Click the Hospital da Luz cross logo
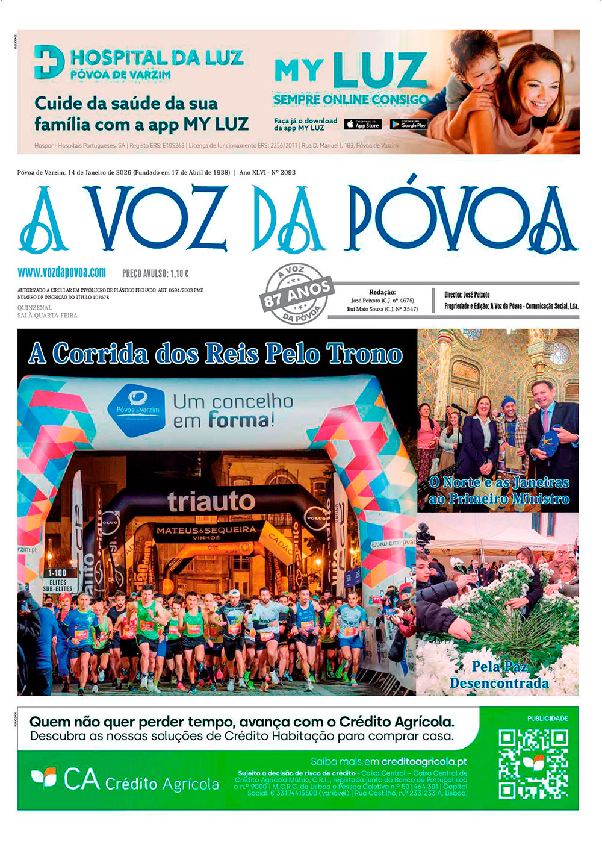pos(49,61)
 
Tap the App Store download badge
pos(363,124)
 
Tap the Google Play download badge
pos(409,124)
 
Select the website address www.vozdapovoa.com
pos(62,272)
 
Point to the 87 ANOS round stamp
pos(297,293)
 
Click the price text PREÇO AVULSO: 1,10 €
pos(155,273)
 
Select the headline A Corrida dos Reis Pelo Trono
pos(216,354)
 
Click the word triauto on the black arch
pos(211,500)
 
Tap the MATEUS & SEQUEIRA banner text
pos(206,531)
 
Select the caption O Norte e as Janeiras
pos(499,490)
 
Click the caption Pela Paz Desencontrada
pos(499,675)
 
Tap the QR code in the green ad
pos(533,764)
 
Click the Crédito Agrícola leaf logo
pos(44,778)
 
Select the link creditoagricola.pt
pos(424,761)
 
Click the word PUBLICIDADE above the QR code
pos(547,718)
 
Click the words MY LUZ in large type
pos(350,72)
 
